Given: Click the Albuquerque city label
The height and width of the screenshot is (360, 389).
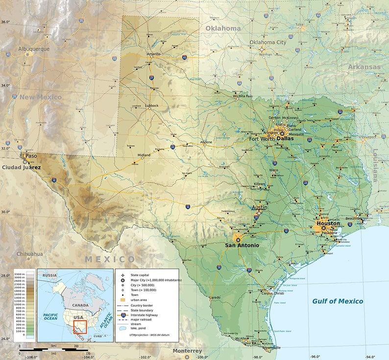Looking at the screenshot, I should pyautogui.click(x=34, y=49).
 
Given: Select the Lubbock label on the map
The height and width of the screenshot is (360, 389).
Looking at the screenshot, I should pyautogui.click(x=152, y=105).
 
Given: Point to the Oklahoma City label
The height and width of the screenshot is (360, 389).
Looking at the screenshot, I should pyautogui.click(x=267, y=43).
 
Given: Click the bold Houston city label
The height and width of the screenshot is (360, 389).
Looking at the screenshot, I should pyautogui.click(x=328, y=223).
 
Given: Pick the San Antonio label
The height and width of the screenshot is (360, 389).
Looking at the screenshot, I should pyautogui.click(x=242, y=245).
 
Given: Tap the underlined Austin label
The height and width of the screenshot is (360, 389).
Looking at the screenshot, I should pyautogui.click(x=259, y=207).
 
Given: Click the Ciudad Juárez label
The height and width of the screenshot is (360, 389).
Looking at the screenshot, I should pyautogui.click(x=21, y=167).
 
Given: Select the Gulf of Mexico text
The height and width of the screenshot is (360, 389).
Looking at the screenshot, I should pyautogui.click(x=338, y=301).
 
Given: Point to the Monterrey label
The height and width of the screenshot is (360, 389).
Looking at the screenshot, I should pyautogui.click(x=187, y=351).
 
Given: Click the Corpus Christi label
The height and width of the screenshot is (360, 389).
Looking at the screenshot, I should pyautogui.click(x=272, y=293).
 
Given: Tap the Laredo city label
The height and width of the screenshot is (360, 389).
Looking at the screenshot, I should pyautogui.click(x=215, y=298).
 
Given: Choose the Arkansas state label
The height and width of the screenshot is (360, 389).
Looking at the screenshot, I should pyautogui.click(x=364, y=67).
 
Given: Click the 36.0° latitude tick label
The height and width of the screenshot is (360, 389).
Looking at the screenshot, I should pyautogui.click(x=5, y=22).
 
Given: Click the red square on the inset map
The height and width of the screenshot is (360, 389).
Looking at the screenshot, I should pyautogui.click(x=80, y=327).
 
